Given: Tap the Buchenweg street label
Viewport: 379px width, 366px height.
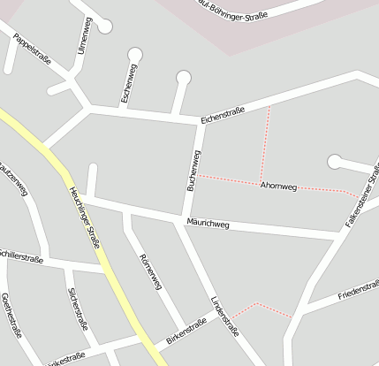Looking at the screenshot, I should click(193, 171).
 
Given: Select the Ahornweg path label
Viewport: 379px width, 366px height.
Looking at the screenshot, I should click(278, 186).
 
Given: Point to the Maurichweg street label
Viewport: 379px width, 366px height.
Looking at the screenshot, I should click(208, 225).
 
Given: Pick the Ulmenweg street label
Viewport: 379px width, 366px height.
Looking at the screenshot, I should click(85, 37).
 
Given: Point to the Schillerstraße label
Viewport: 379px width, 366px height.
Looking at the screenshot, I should click(20, 255).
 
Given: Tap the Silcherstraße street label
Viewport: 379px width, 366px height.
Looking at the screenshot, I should click(77, 309).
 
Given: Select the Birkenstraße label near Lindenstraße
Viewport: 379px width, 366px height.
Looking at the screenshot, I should click(186, 332).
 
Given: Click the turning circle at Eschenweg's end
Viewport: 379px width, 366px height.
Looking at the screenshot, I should click(134, 56).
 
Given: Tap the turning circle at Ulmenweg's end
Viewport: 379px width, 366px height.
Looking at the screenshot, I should click(105, 27).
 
